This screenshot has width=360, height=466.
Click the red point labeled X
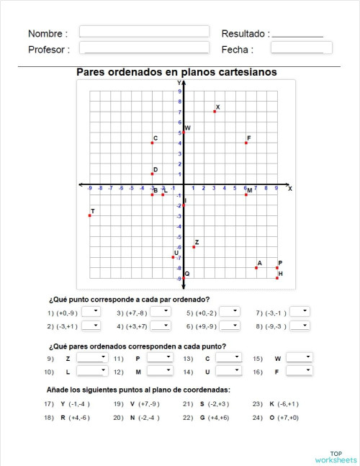click(215, 112)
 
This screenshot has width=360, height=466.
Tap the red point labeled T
click(90, 215)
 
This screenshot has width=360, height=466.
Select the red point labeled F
click(246, 143)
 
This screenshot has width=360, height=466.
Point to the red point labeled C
click(152, 143)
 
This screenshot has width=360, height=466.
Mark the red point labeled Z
click(194, 247)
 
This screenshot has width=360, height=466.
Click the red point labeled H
click(277, 278)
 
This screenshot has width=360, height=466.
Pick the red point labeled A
click(256, 268)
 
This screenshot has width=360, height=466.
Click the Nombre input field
click(144, 32)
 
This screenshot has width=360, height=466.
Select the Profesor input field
click(144, 48)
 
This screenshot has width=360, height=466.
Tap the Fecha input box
click(301, 48)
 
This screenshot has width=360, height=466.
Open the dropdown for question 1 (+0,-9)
click(91, 312)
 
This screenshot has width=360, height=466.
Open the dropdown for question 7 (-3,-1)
click(301, 312)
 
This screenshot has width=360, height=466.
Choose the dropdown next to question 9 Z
click(92, 357)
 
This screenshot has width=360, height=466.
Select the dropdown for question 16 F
click(300, 371)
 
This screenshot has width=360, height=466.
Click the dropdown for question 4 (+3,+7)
click(161, 326)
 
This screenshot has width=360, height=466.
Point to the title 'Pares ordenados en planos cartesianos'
click(176, 72)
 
